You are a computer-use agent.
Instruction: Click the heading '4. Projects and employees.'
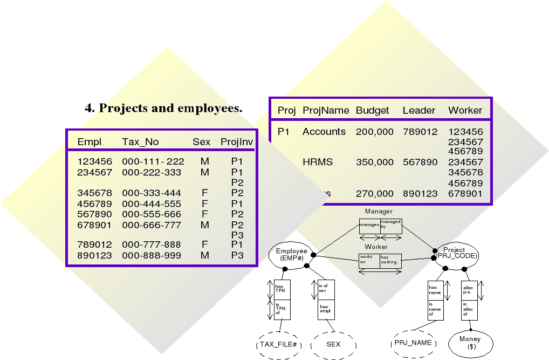(163, 108)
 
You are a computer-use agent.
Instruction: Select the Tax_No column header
(140, 142)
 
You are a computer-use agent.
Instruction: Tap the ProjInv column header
(237, 142)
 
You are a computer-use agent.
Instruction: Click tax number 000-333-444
(152, 193)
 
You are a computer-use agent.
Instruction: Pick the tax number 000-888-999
(152, 255)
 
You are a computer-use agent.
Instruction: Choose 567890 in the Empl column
(95, 214)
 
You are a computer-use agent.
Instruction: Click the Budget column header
(372, 110)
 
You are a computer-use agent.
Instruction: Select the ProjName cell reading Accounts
(324, 132)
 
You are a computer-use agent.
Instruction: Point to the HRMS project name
(318, 162)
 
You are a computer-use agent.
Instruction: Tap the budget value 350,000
(374, 162)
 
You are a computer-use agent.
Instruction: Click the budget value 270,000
(374, 193)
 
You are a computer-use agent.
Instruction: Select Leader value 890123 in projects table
(420, 193)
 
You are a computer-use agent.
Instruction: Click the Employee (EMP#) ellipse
(291, 255)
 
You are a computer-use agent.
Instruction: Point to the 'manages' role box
(369, 226)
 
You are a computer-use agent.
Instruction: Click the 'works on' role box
(369, 261)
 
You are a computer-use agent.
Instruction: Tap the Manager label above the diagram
(379, 212)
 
